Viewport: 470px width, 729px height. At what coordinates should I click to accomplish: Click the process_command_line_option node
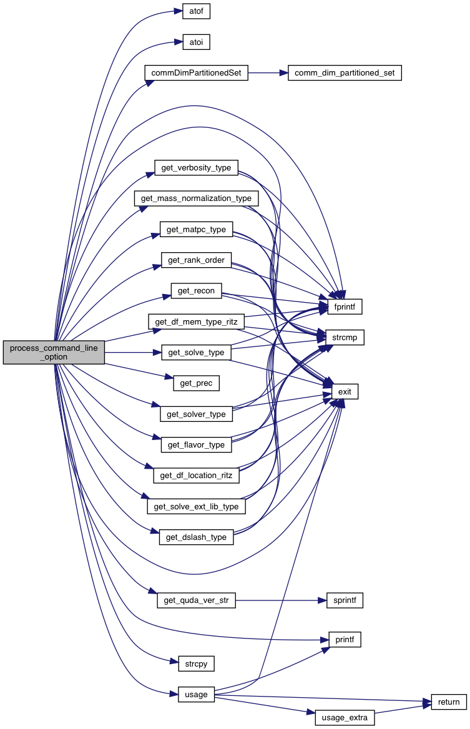[x=54, y=353]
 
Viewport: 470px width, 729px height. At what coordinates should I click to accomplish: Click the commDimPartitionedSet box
[x=196, y=73]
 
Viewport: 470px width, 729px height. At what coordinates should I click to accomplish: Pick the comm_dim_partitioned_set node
[x=345, y=73]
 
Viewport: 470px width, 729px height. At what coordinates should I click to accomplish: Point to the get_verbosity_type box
[x=196, y=167]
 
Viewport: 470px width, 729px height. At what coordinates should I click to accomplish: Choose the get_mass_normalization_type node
[x=196, y=198]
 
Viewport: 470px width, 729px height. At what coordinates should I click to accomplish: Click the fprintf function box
[x=345, y=307]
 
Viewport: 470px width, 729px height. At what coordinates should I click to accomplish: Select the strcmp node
[x=344, y=338]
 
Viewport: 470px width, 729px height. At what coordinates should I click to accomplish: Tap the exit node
[x=345, y=391]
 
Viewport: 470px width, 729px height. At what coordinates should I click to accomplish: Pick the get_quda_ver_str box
[x=196, y=600]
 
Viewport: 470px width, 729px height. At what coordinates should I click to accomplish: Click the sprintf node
[x=345, y=600]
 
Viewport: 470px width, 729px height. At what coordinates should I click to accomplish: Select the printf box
[x=345, y=639]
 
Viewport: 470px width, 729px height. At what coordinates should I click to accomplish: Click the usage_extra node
[x=345, y=718]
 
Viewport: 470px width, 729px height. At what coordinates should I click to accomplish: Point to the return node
[x=449, y=702]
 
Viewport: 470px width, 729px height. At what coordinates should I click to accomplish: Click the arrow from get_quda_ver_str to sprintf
[x=281, y=600]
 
